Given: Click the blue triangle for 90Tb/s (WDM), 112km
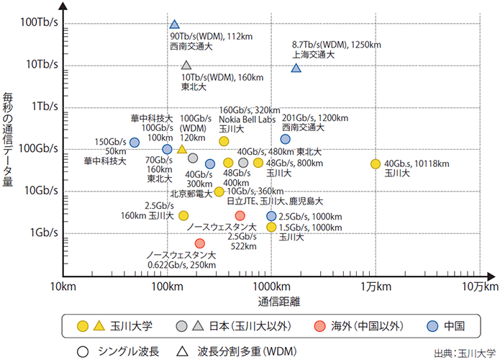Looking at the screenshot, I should click(x=174, y=25).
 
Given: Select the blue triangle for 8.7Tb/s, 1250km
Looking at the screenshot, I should click(x=296, y=68).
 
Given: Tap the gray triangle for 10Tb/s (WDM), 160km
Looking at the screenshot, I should click(x=186, y=66).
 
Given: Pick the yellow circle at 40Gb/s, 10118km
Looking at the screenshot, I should click(x=375, y=164).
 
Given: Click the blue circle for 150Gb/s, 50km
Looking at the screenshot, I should click(x=134, y=143).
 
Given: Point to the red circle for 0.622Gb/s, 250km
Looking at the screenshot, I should click(x=199, y=243).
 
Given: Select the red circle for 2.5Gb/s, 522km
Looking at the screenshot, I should click(x=240, y=215).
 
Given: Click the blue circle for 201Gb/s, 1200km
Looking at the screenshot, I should click(x=286, y=139).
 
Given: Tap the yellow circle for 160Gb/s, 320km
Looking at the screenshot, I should click(x=224, y=141).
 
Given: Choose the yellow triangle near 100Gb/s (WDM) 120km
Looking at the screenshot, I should click(x=182, y=150).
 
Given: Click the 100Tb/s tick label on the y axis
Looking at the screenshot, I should click(x=40, y=23).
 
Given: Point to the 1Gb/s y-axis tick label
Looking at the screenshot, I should click(x=44, y=233).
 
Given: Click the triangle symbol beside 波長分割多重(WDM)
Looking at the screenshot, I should click(x=184, y=351).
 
